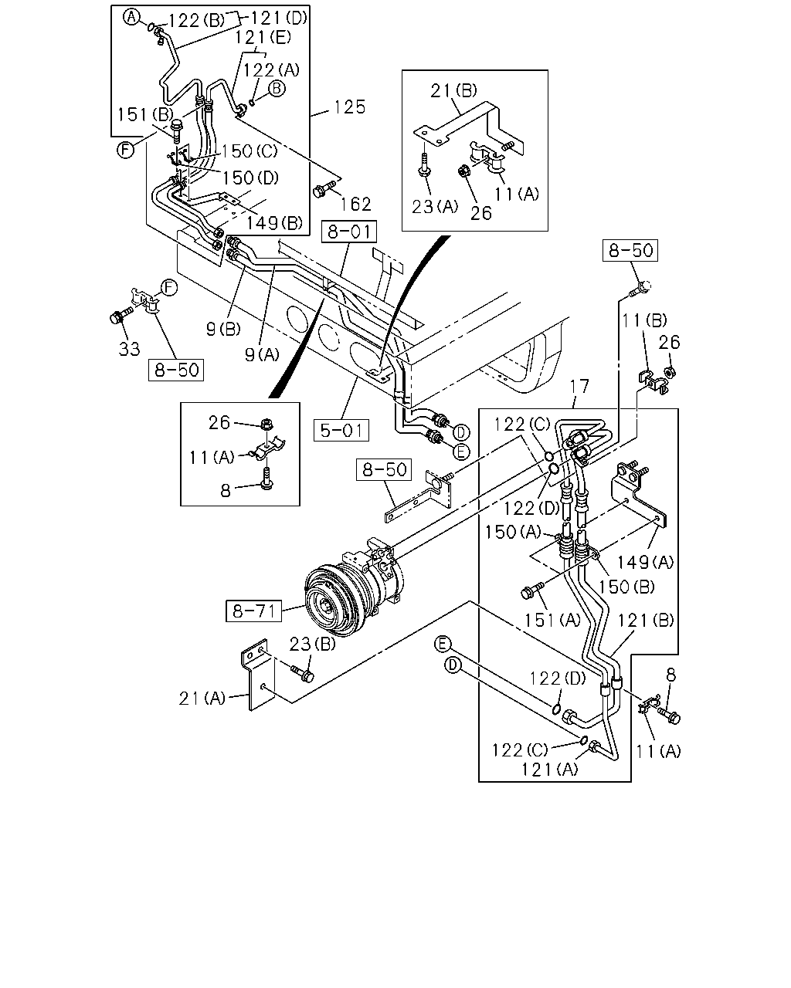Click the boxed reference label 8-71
point(253,611)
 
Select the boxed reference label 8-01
point(349,232)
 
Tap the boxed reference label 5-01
point(341,430)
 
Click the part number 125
point(350,107)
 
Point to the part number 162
point(356,204)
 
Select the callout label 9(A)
point(262,354)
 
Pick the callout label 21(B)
point(453,90)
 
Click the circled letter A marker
point(131,18)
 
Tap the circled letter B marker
point(277,88)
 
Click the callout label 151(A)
point(552,621)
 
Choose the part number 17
point(579,387)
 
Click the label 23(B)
point(313,644)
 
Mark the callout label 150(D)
point(250,178)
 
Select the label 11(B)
point(644,320)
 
